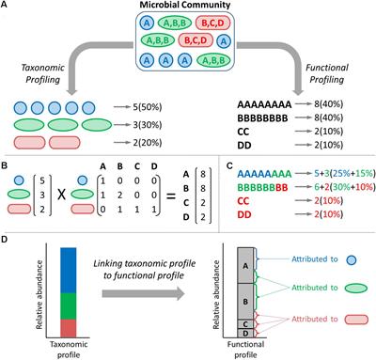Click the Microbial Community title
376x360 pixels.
189,8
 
